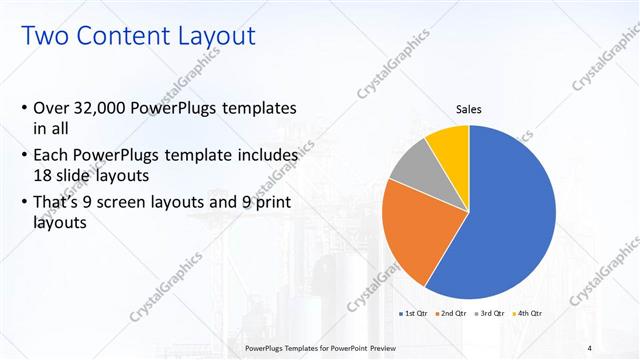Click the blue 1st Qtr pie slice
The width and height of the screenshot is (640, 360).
coord(510,220)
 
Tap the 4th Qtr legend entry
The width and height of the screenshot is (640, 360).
coord(527,314)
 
